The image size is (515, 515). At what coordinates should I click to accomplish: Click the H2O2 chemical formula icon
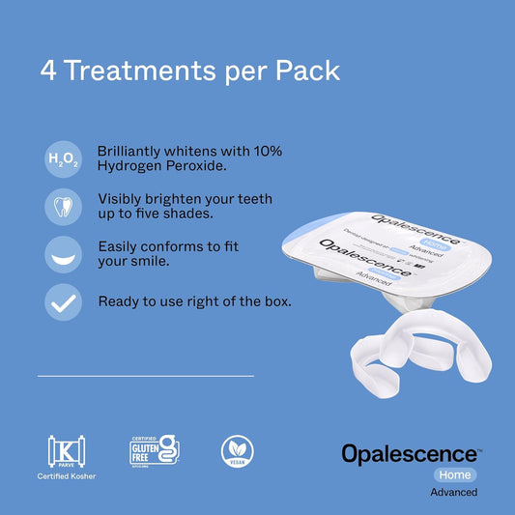tap(63, 160)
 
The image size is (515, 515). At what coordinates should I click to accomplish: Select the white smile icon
tap(63, 254)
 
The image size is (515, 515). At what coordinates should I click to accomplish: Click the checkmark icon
tap(63, 301)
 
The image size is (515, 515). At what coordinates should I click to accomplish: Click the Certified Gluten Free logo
tap(154, 450)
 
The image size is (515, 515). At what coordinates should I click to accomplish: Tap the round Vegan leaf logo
tap(238, 451)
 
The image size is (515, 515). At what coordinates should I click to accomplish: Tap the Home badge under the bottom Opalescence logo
tap(453, 474)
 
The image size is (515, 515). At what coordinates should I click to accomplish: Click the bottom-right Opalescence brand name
tap(409, 452)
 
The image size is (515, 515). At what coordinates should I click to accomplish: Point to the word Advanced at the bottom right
tap(453, 493)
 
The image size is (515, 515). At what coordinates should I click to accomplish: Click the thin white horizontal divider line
tap(145, 375)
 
